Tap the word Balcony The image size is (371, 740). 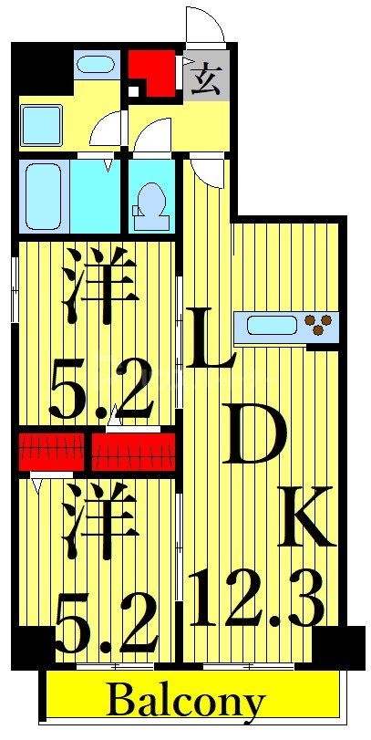[186, 702]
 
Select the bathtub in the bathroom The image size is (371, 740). [43, 195]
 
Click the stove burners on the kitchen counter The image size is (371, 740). [321, 323]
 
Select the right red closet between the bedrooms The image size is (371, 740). [133, 448]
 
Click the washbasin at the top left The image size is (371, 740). [95, 65]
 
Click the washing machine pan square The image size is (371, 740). [40, 123]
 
